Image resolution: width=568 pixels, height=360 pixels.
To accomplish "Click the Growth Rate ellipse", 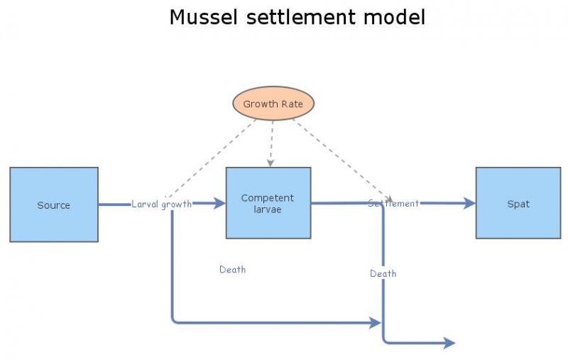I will [x=273, y=104].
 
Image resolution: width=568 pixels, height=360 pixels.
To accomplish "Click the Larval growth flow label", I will [x=161, y=204].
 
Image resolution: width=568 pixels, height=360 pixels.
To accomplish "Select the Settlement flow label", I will [x=393, y=204].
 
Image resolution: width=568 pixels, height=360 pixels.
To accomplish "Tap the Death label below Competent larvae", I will [x=232, y=270].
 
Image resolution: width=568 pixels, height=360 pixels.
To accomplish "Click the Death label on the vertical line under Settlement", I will [x=383, y=273].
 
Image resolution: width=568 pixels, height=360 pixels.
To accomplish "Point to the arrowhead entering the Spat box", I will [x=470, y=204].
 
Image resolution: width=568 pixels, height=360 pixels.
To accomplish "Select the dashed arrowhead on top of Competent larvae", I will [x=269, y=163].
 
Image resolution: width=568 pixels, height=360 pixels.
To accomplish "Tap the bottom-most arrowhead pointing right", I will [x=449, y=344].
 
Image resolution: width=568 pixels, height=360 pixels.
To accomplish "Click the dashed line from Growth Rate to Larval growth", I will [x=213, y=158].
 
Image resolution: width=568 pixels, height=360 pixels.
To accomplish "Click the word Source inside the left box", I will [x=54, y=205].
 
